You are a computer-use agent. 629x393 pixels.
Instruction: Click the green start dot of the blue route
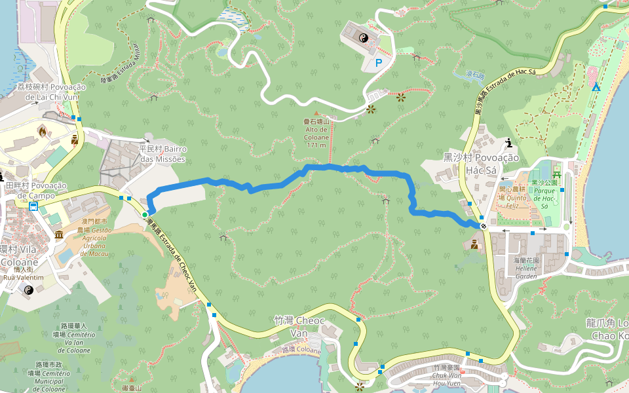145,214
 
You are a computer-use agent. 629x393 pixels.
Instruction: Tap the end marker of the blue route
484,226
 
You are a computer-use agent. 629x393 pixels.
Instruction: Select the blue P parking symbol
378,63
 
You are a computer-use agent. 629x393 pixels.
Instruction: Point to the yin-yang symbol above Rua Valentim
28,290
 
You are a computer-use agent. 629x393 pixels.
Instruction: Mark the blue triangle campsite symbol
596,87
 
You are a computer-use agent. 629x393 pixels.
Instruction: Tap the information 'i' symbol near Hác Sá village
509,142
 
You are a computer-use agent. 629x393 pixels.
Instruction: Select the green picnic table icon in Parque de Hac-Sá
557,174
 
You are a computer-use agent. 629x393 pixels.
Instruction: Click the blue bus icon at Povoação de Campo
33,206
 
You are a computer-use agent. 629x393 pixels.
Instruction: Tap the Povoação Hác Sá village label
481,164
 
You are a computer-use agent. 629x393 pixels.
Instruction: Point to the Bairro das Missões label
162,154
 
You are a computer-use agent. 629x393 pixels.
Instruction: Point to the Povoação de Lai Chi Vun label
52,92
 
